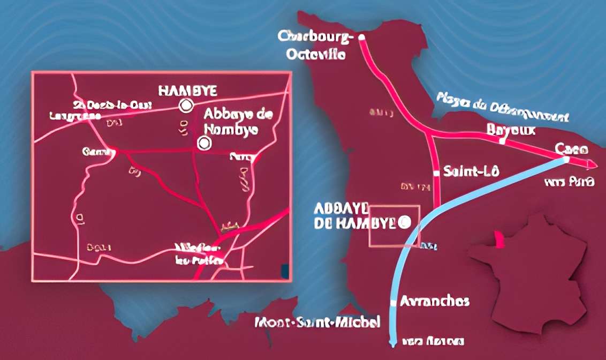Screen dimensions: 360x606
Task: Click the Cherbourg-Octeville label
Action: pyautogui.click(x=316, y=46)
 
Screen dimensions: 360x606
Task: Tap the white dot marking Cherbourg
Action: pyautogui.click(x=361, y=37)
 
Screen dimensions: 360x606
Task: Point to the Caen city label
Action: pyautogui.click(x=568, y=148)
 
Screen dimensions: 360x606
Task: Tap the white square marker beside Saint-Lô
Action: pyautogui.click(x=436, y=173)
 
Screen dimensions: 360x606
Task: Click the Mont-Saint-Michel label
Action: pyautogui.click(x=317, y=322)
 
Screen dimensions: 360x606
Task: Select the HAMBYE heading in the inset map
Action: pyautogui.click(x=188, y=91)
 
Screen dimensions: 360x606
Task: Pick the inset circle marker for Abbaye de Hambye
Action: pyautogui.click(x=203, y=143)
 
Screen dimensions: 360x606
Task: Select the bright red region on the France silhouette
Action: pyautogui.click(x=499, y=239)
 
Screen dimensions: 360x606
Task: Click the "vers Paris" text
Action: pyautogui.click(x=569, y=182)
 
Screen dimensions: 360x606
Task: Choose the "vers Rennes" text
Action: pyautogui.click(x=433, y=341)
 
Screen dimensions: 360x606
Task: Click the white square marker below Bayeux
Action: pyautogui.click(x=501, y=142)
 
